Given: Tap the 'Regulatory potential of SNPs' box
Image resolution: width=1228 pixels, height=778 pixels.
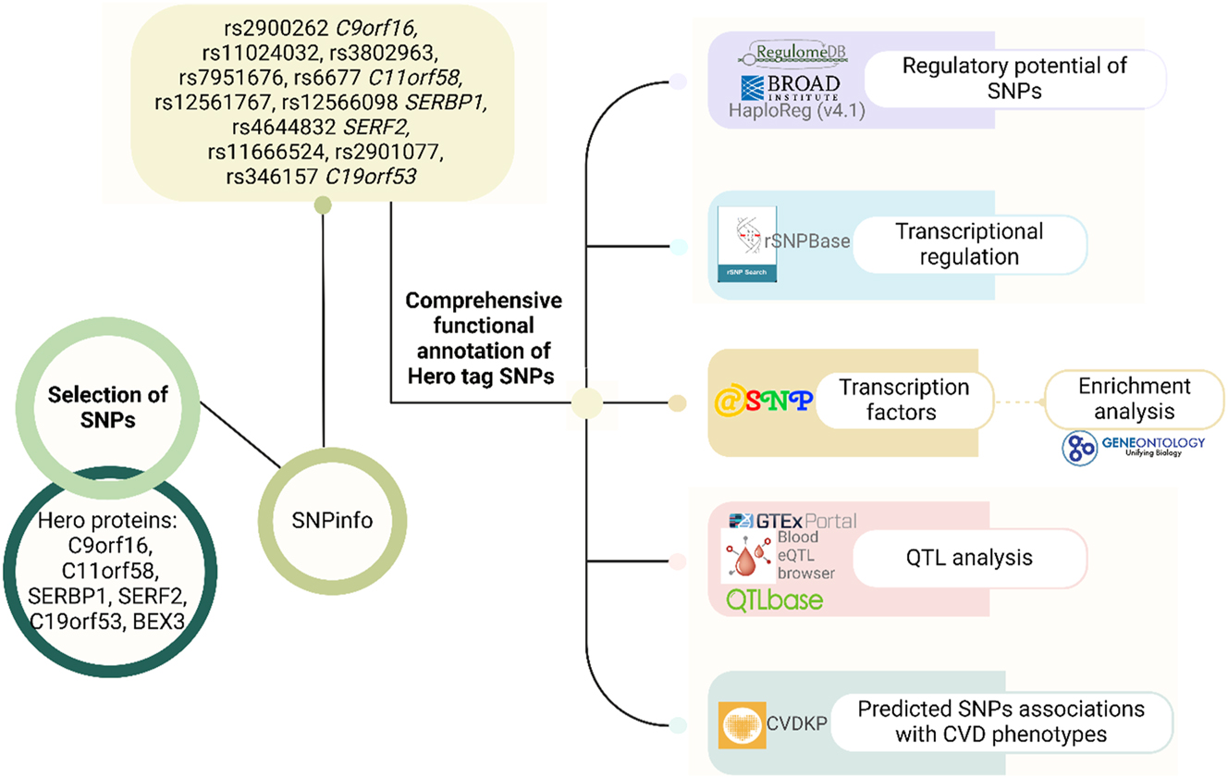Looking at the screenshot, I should pos(1015,80).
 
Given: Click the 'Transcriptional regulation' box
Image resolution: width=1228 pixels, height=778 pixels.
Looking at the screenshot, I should pos(969,243).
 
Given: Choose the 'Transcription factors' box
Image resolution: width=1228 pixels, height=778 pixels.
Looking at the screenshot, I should pos(903,400).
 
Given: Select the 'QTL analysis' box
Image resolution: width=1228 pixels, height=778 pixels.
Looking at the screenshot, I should pos(969,558).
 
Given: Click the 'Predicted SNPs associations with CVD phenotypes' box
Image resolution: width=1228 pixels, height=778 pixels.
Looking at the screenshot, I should pos(1001,722).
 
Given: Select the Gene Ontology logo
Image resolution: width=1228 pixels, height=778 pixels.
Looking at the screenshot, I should pos(1134,446).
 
